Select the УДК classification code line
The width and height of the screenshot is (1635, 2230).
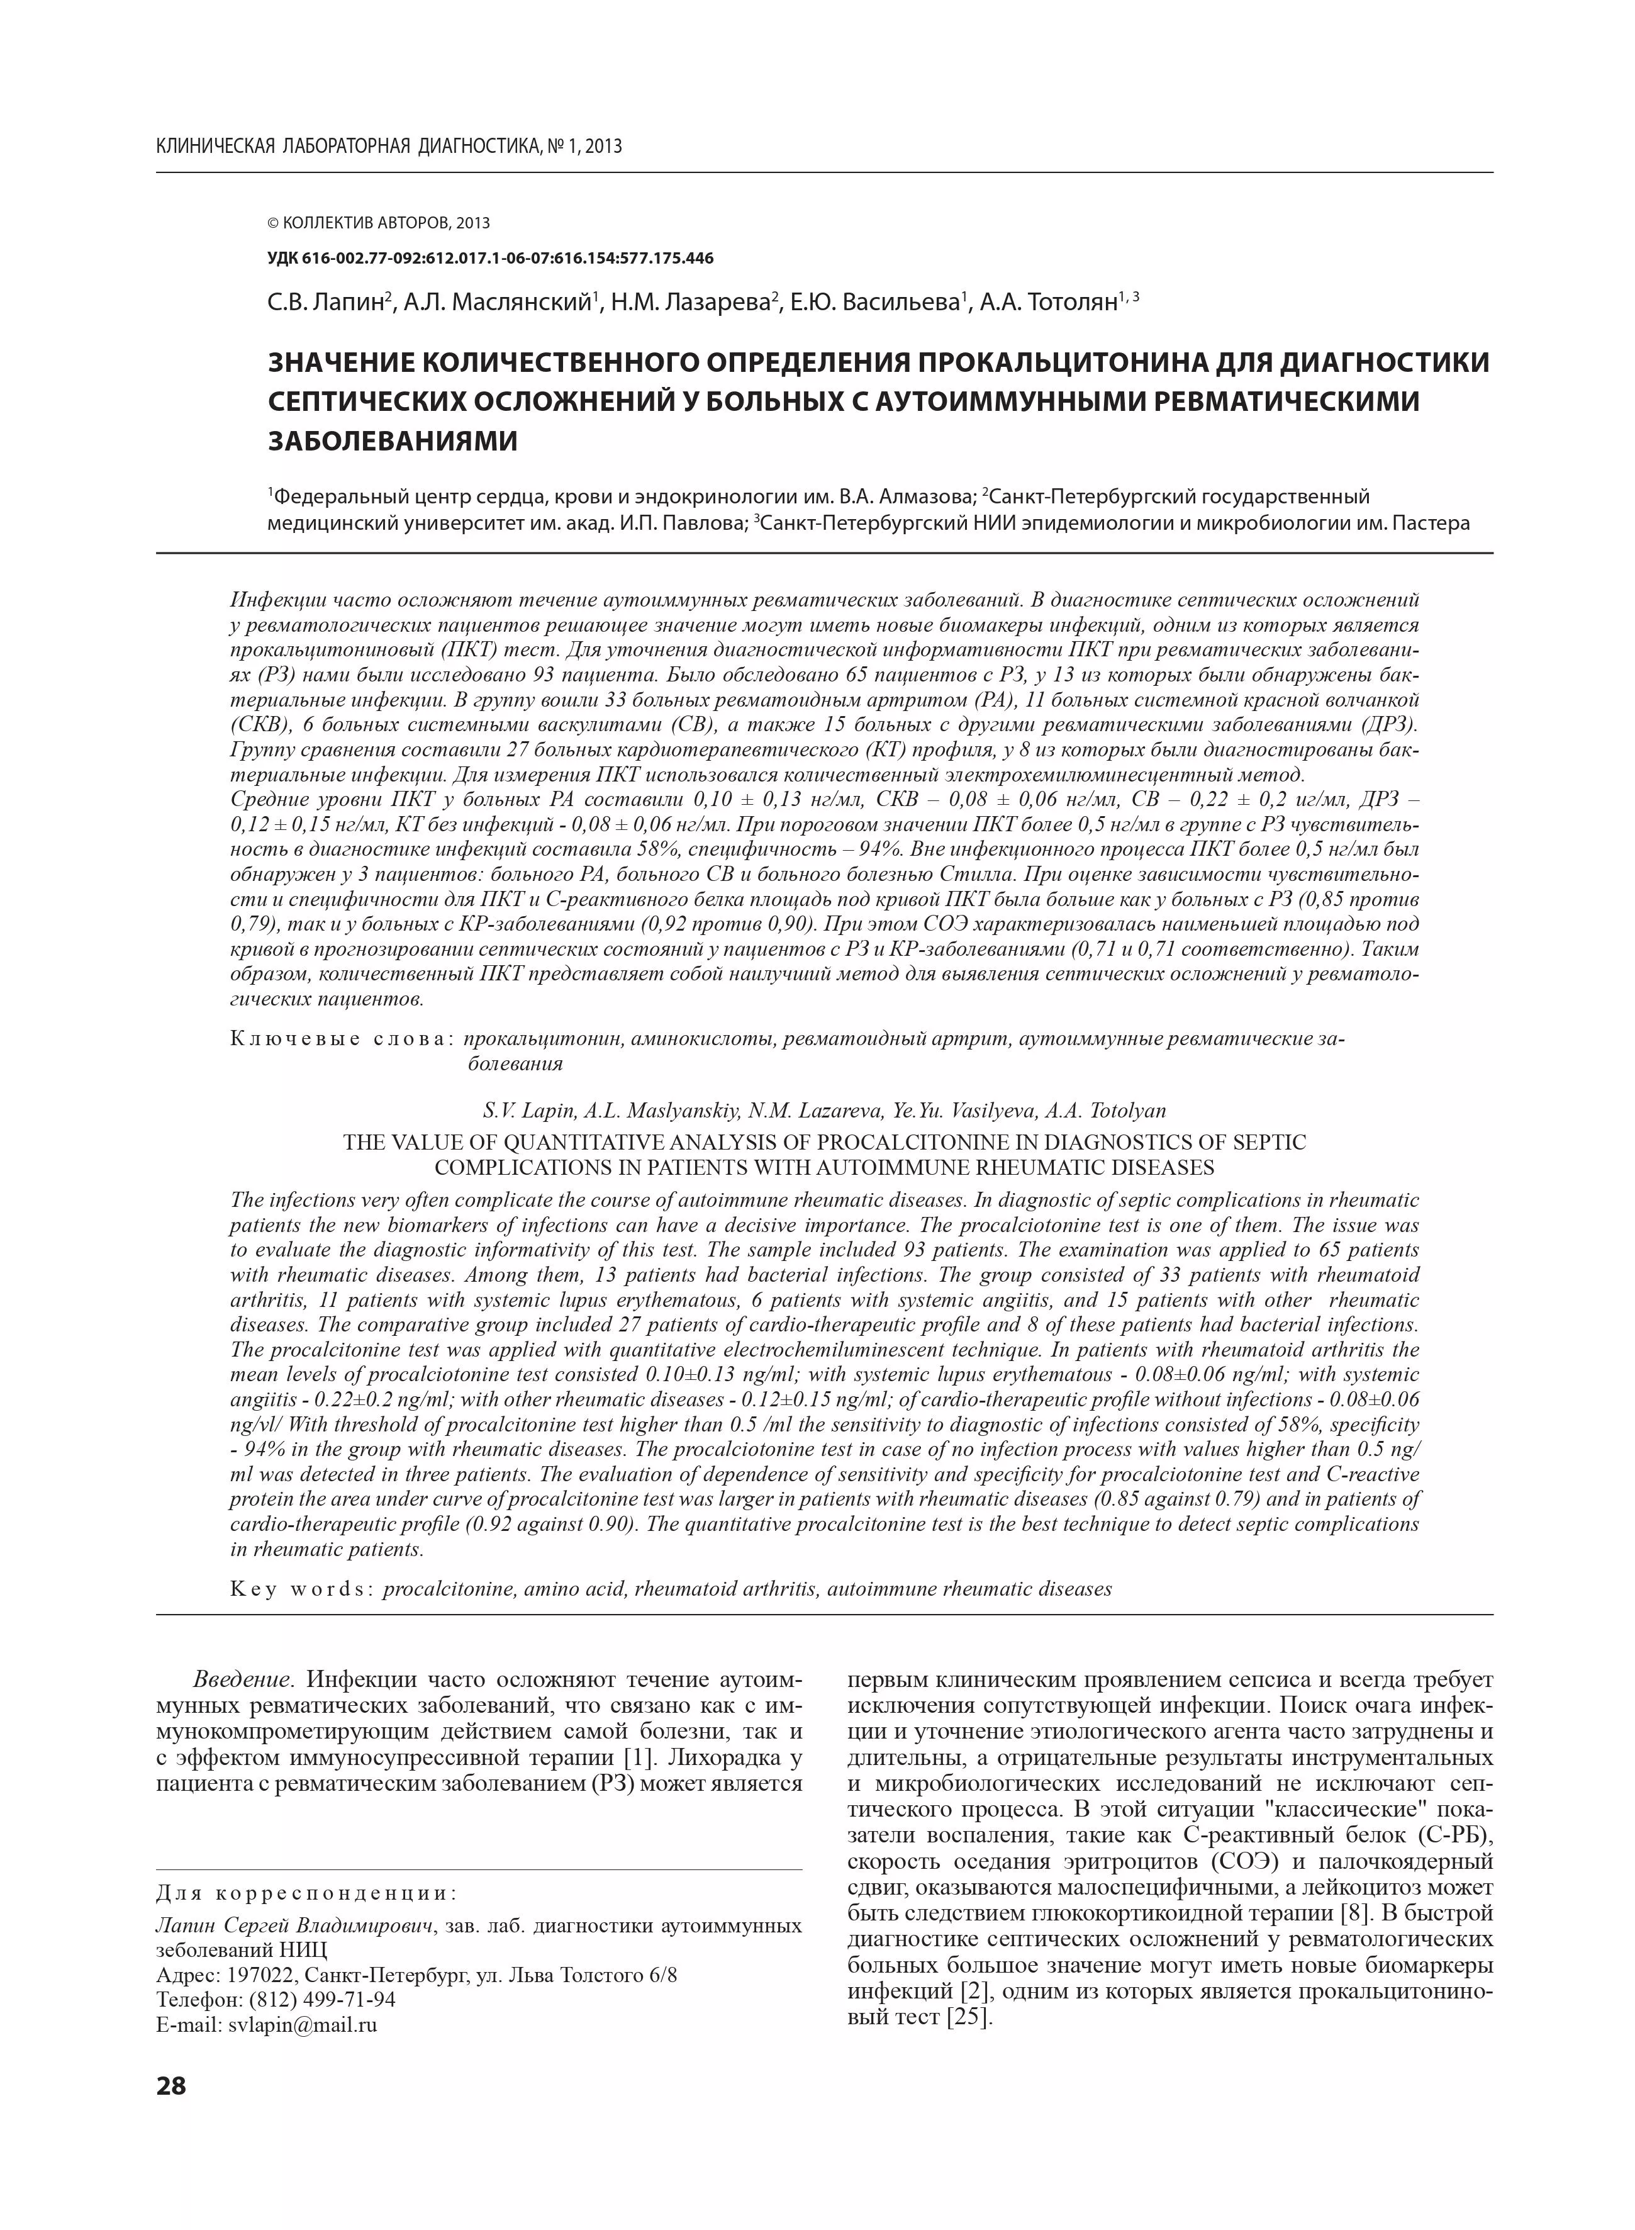pos(491,259)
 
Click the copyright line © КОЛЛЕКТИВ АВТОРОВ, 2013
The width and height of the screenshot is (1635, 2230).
pos(379,223)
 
